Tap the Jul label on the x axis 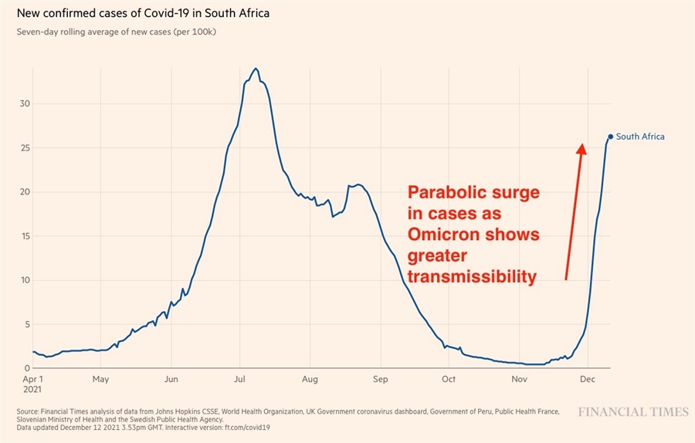click(239, 380)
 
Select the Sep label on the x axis click(380, 380)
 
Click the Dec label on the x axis click(588, 380)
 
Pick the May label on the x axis click(100, 380)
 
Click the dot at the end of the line click(610, 137)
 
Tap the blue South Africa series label click(640, 137)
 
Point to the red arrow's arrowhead click(581, 147)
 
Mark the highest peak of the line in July click(256, 68)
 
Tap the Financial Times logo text click(633, 412)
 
